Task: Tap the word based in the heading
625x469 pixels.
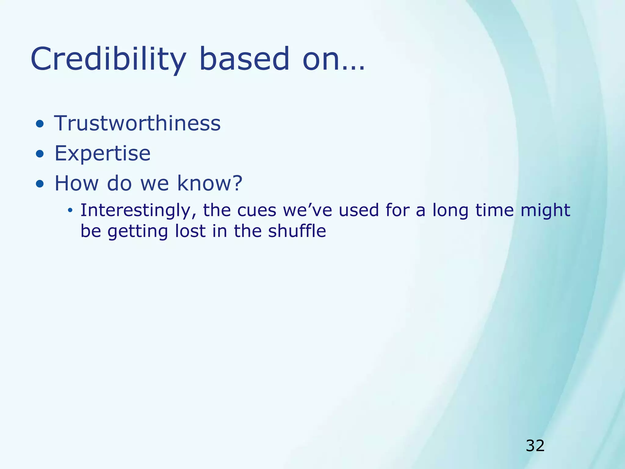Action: pos(244,59)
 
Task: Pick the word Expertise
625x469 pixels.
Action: pos(102,153)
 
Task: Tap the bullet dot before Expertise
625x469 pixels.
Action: pos(39,154)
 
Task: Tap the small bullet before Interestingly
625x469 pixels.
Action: pos(70,210)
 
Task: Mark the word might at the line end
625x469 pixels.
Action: pos(545,211)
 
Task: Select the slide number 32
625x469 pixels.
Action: pos(535,446)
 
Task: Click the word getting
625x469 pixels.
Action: pos(138,231)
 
